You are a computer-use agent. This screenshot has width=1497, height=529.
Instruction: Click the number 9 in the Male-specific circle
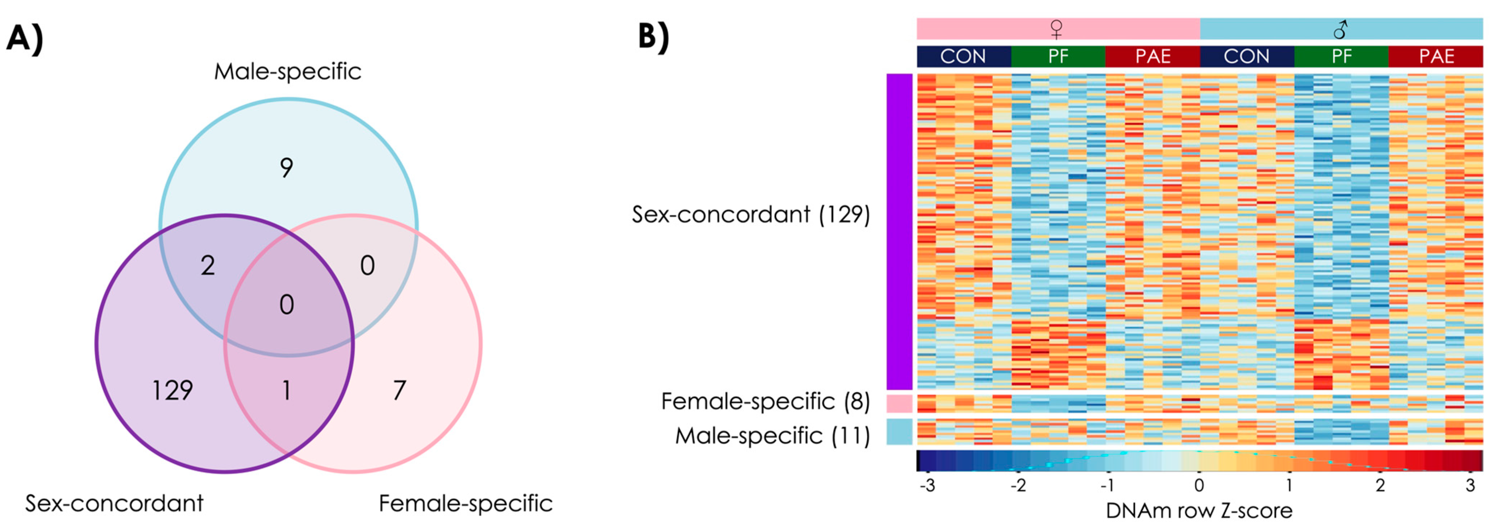(286, 168)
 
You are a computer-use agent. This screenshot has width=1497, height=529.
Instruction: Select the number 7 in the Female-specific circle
(399, 390)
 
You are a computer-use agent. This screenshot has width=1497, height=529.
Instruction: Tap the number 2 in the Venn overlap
(207, 266)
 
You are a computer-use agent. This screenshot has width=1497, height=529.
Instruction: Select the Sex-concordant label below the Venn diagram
(114, 503)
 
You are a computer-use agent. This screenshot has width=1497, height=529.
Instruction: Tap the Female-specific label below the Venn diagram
(466, 503)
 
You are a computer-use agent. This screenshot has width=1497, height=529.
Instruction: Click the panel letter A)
(25, 39)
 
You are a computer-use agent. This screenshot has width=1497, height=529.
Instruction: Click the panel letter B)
(654, 36)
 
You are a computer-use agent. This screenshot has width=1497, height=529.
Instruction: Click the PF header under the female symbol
(1058, 56)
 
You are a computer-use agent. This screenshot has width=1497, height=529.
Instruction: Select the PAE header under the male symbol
(1436, 56)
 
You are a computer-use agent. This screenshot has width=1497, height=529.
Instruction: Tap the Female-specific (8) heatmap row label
(765, 402)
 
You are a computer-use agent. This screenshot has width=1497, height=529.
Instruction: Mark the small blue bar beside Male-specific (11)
(899, 432)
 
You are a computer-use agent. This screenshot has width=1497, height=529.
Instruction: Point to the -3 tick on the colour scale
(927, 485)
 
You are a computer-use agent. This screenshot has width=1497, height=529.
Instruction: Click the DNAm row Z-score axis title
(1199, 511)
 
